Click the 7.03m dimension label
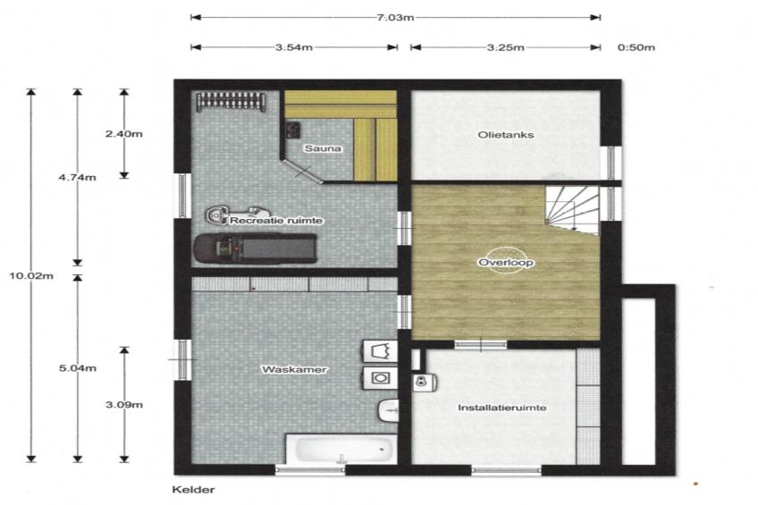(x=395, y=18)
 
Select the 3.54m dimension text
(x=294, y=47)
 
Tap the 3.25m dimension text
(x=505, y=47)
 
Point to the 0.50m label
(x=636, y=47)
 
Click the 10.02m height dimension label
(x=31, y=276)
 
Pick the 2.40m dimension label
(x=124, y=134)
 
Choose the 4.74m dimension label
(x=78, y=177)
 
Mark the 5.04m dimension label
(x=78, y=368)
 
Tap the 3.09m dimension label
(x=124, y=405)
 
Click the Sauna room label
(x=323, y=148)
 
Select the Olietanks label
(x=506, y=135)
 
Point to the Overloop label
(x=506, y=263)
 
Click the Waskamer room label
(x=294, y=370)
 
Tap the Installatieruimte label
(x=502, y=408)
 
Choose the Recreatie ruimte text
(x=276, y=221)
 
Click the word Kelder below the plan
(x=193, y=490)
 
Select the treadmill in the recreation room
(x=256, y=248)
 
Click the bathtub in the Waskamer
(x=341, y=449)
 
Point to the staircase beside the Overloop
(x=572, y=210)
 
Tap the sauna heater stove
(x=292, y=130)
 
